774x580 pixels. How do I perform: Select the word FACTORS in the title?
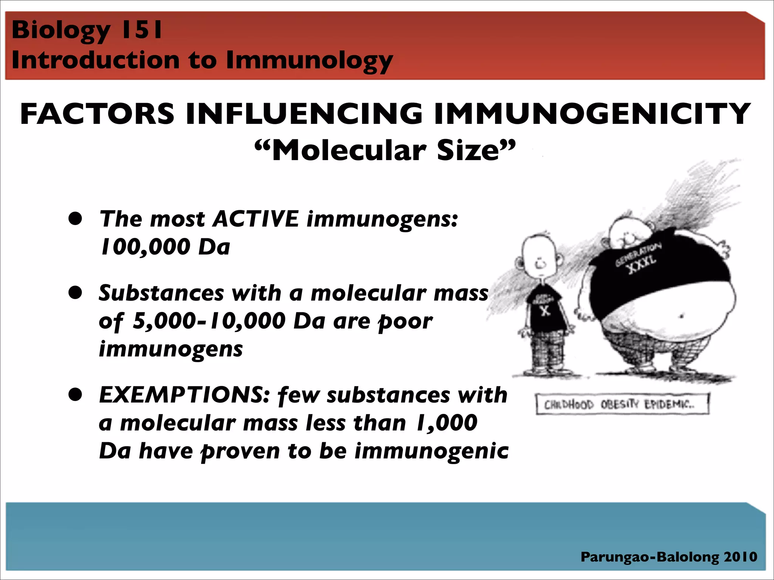click(97, 114)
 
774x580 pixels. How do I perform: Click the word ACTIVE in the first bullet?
click(256, 219)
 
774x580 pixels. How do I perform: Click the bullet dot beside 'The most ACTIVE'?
click(76, 219)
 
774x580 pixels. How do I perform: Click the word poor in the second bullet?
click(405, 322)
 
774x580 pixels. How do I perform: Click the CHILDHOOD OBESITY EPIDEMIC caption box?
click(621, 404)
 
